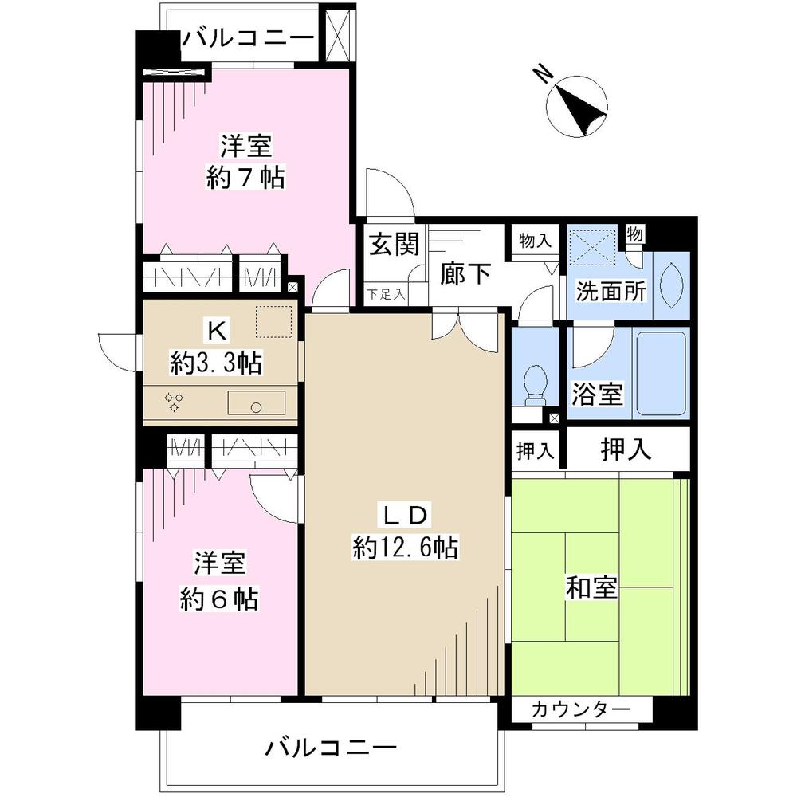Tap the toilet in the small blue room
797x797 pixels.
point(536,381)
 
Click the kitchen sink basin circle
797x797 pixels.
point(256,406)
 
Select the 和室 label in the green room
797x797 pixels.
point(591,590)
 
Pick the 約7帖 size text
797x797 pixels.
point(245,177)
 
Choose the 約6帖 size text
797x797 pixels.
point(218,597)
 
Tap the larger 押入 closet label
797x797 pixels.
point(626,450)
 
